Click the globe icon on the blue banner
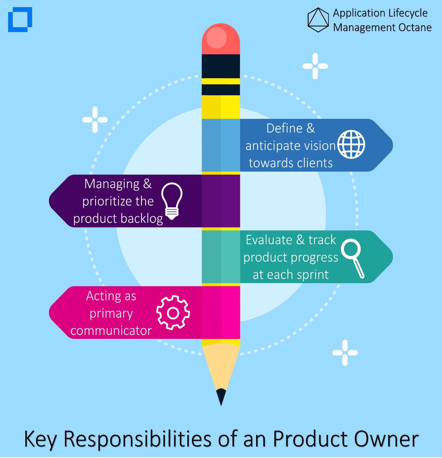351,144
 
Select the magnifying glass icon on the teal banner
353,258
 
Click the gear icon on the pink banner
173,312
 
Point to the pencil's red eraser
221,39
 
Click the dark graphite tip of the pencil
221,397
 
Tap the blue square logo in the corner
20,19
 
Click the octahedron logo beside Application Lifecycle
318,20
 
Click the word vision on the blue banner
320,146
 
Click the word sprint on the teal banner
313,275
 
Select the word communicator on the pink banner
111,331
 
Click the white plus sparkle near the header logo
315,66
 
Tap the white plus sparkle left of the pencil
95,120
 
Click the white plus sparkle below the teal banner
345,353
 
